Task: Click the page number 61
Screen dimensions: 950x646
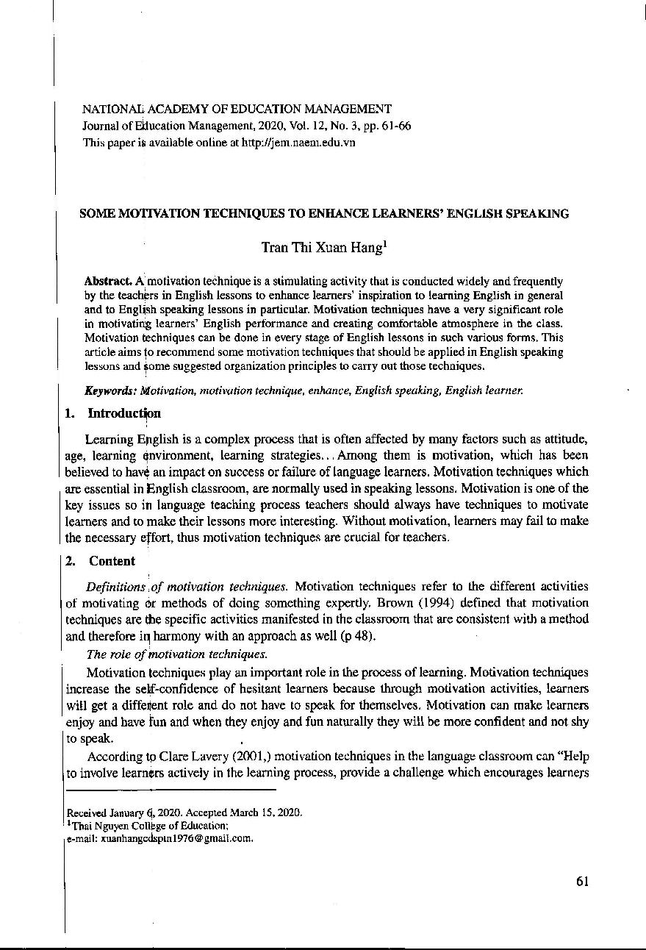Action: [x=582, y=882]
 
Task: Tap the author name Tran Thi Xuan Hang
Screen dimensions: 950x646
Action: [x=321, y=248]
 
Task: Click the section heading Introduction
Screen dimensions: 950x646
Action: [x=123, y=413]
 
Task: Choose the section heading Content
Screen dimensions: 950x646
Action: [x=112, y=561]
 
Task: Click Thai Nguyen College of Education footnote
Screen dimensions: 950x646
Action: [x=151, y=825]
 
